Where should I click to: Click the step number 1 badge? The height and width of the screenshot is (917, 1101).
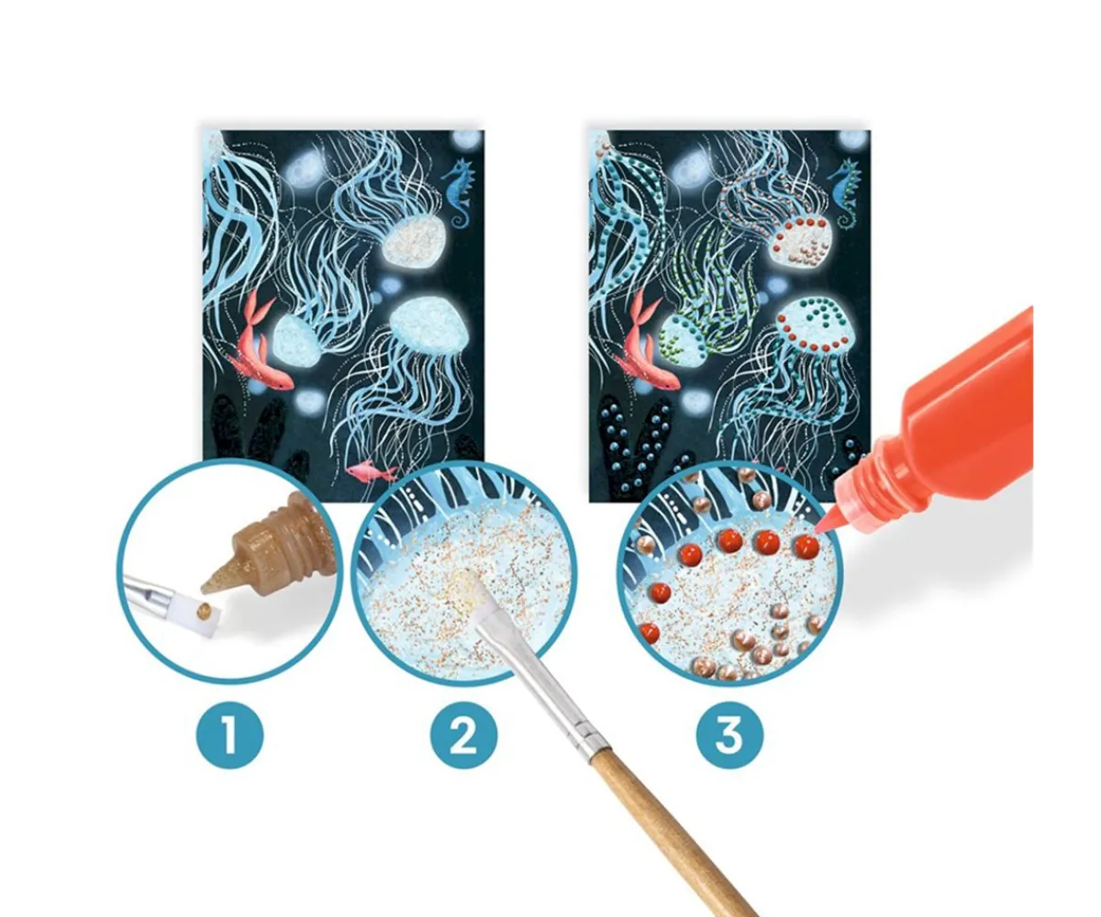point(229,736)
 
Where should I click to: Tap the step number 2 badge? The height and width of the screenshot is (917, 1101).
point(463,736)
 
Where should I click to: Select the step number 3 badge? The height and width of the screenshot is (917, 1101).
point(729,736)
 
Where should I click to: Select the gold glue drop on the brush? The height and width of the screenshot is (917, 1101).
point(203,612)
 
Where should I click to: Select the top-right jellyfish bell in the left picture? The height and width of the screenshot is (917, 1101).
point(413,241)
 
